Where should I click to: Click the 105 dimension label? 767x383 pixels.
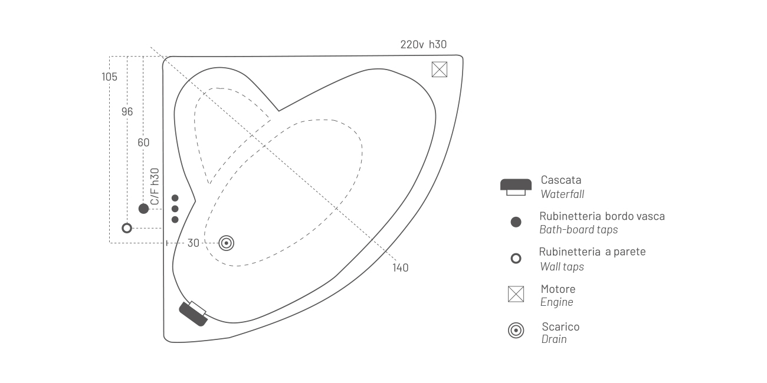tap(109, 77)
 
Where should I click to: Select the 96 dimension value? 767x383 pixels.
tap(127, 111)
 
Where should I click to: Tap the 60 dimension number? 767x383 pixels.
tap(143, 142)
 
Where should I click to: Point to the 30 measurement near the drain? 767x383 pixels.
tap(193, 243)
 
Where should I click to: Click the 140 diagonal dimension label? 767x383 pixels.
tap(400, 268)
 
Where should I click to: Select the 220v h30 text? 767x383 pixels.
tap(424, 44)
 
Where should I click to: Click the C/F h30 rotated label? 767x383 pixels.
tap(155, 187)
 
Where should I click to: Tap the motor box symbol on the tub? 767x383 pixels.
tap(440, 70)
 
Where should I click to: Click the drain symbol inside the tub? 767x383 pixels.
tap(227, 243)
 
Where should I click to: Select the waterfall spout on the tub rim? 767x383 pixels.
tap(193, 313)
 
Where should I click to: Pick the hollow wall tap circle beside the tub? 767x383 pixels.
tap(127, 228)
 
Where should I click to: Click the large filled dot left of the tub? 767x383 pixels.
tap(143, 209)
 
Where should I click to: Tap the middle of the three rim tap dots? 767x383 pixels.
tap(175, 209)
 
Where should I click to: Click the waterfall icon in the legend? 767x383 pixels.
tap(516, 187)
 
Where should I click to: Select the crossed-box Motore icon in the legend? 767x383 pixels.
tap(516, 294)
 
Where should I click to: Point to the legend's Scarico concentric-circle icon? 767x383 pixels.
tap(516, 331)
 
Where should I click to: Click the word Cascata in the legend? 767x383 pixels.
tap(561, 180)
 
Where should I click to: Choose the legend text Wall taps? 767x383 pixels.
tap(562, 267)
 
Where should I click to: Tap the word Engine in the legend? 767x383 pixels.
tap(557, 302)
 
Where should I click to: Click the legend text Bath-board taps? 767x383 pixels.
tap(579, 229)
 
